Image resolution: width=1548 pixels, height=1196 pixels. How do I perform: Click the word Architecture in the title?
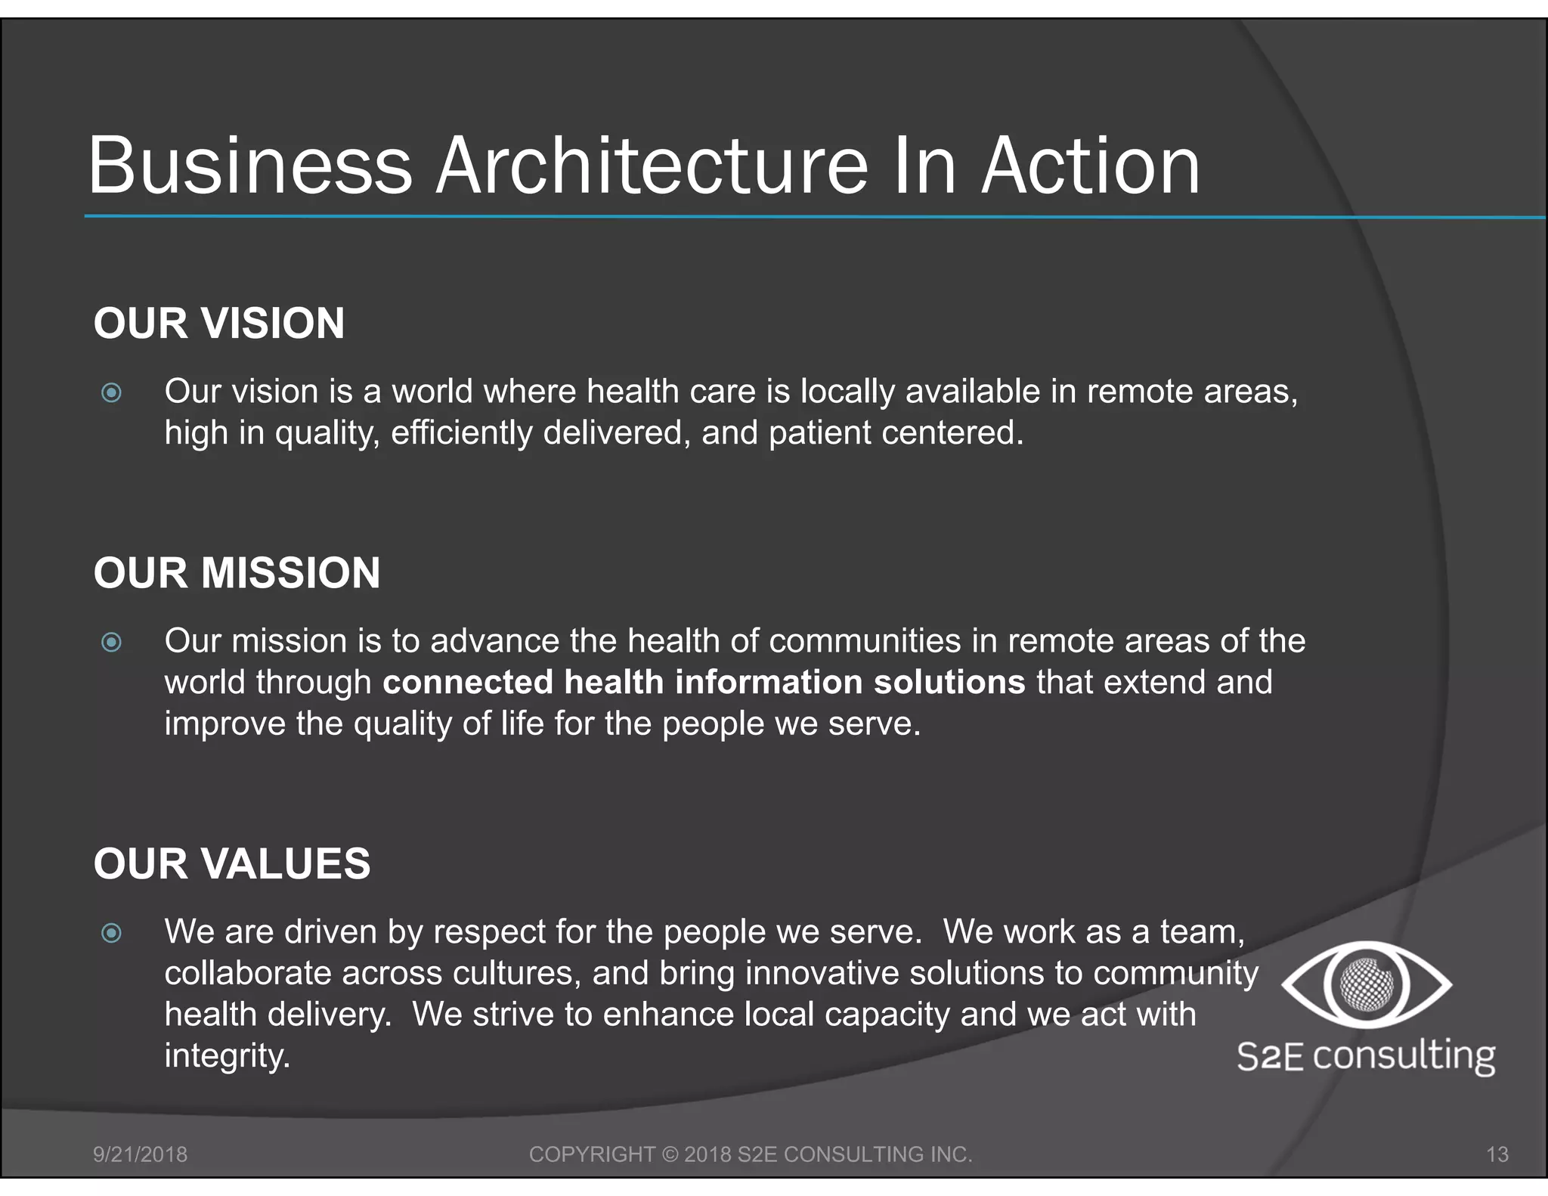click(x=653, y=166)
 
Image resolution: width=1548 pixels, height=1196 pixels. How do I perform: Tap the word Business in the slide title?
click(x=250, y=166)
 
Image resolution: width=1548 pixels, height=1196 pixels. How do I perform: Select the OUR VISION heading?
click(x=219, y=324)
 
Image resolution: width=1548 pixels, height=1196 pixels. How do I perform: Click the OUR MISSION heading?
click(x=237, y=573)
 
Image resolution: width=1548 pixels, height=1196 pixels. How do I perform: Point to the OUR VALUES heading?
click(x=232, y=863)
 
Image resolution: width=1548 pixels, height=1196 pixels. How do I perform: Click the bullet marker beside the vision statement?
click(x=111, y=392)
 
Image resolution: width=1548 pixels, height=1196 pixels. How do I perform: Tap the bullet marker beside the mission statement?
click(x=111, y=642)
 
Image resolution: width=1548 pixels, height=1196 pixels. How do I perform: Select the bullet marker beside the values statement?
click(x=111, y=933)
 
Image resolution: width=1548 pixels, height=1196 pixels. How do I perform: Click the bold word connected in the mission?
click(x=468, y=682)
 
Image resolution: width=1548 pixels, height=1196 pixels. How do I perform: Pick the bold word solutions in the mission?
click(x=949, y=682)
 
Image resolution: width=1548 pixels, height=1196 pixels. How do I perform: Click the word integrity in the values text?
click(x=226, y=1056)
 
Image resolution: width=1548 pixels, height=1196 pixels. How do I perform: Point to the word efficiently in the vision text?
click(x=461, y=433)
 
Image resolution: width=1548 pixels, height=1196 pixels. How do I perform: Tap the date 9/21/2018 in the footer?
click(x=140, y=1154)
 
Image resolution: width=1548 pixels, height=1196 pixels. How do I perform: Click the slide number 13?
click(x=1497, y=1154)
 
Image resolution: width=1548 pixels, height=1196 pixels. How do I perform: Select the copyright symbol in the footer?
click(x=670, y=1154)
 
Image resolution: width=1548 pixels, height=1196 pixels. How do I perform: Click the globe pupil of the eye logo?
click(x=1366, y=984)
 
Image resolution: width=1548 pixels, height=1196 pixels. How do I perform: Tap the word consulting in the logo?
click(x=1404, y=1056)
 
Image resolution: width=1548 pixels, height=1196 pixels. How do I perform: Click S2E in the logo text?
click(x=1270, y=1056)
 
